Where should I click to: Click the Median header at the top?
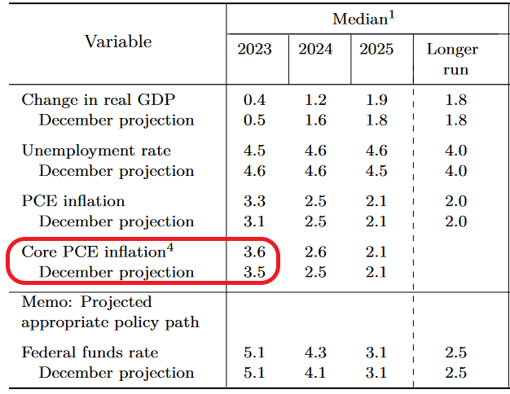363,19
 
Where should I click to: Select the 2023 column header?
254,49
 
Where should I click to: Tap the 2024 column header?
315,49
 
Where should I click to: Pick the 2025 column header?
376,49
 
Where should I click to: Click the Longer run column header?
452,59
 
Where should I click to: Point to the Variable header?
118,42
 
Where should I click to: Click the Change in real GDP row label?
99,99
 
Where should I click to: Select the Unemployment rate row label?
96,151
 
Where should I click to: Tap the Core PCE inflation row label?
94,252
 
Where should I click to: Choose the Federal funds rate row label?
90,352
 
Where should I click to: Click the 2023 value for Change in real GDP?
254,100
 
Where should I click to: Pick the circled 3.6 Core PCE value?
254,252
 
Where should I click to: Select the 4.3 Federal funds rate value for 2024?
315,352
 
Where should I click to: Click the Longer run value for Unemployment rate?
456,151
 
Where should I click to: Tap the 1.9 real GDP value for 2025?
376,100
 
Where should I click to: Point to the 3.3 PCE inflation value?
254,201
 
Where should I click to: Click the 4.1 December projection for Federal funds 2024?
315,373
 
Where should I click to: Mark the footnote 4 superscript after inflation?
170,248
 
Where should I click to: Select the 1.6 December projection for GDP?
315,120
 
